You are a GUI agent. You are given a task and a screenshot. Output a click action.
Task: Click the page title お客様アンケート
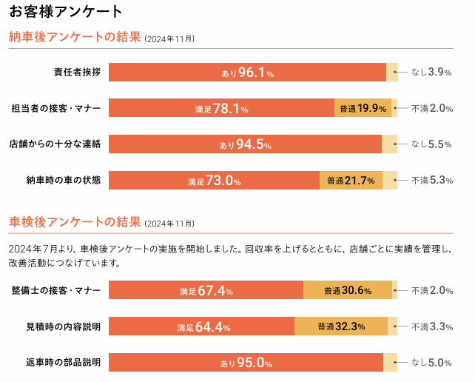coord(66,11)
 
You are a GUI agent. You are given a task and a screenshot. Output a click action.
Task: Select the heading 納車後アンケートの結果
coord(74,37)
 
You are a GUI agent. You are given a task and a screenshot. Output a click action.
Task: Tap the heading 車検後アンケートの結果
coord(74,222)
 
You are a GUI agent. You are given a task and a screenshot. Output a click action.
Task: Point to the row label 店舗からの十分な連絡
coord(54,144)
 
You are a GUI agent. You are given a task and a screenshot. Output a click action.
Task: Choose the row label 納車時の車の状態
coord(63,180)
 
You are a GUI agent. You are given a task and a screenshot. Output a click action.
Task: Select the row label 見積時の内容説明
coord(63,326)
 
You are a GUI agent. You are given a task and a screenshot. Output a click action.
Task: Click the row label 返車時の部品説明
coord(63,363)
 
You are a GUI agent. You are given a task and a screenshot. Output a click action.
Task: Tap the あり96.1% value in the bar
coord(247,73)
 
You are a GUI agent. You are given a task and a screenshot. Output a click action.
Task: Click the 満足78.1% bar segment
coord(221,108)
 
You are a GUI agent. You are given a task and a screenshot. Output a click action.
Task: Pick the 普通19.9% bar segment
coord(363,108)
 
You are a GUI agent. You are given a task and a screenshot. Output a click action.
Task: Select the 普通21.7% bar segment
coord(351,180)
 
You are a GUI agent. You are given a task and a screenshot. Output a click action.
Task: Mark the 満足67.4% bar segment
coord(206,290)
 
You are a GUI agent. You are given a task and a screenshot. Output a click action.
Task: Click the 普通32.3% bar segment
coord(341,326)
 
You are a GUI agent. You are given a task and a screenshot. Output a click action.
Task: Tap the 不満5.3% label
coord(431,180)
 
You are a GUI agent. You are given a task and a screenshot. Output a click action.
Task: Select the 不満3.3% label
coord(431,326)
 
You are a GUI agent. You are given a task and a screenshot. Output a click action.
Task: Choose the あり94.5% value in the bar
coord(245,144)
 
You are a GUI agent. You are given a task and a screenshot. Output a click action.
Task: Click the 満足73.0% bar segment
coord(214,180)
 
